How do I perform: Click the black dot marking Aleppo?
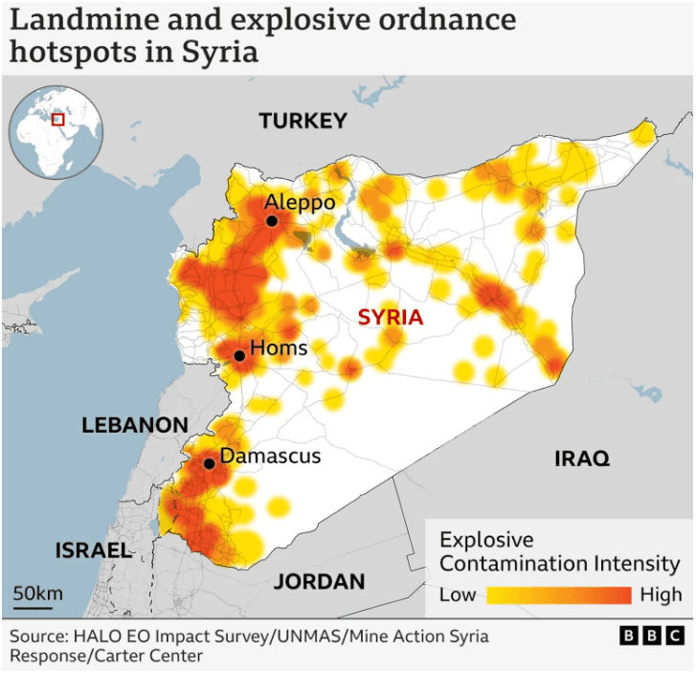[272, 221]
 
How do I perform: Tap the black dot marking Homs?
[239, 356]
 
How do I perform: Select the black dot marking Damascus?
[209, 463]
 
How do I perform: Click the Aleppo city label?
[300, 202]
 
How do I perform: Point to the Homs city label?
[279, 348]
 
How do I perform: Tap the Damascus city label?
[270, 456]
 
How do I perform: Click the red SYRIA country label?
[391, 317]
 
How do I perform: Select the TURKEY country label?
[303, 121]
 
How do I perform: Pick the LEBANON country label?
[134, 425]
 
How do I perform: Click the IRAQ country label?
[582, 460]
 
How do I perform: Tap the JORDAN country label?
[320, 581]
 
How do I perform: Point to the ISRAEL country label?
[93, 550]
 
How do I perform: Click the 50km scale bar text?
[38, 594]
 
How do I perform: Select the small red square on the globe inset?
[57, 119]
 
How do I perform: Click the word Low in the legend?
[458, 594]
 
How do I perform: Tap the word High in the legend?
[662, 594]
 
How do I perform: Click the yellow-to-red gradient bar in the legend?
[559, 595]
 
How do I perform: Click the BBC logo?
[652, 636]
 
